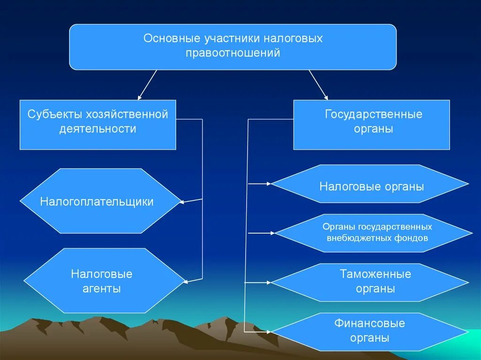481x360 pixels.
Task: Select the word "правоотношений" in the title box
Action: (x=233, y=53)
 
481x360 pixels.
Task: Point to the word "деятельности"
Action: (x=98, y=129)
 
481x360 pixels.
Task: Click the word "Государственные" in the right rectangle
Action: (x=373, y=115)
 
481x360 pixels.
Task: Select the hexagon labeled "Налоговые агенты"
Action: (x=103, y=281)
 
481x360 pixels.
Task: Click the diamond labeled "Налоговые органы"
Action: (x=371, y=186)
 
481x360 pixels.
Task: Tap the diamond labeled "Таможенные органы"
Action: (x=371, y=282)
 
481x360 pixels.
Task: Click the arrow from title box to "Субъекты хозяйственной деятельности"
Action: (x=147, y=85)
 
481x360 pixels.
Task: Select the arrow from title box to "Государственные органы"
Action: (x=318, y=85)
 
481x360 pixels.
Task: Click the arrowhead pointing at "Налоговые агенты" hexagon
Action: (x=186, y=282)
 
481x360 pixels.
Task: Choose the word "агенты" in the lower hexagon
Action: (x=102, y=289)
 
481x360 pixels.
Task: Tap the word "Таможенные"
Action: (x=375, y=274)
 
